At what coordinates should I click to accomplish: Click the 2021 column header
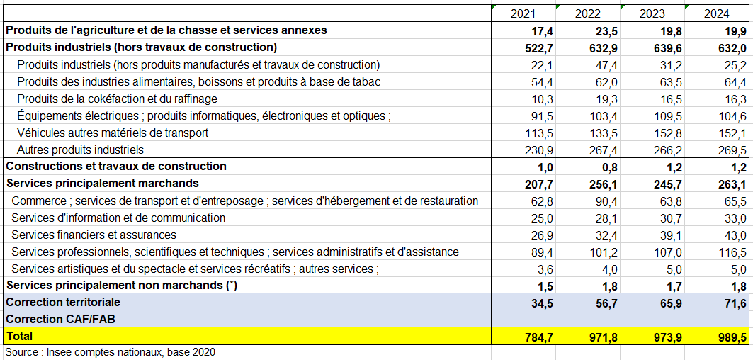(x=523, y=13)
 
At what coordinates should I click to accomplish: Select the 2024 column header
(x=718, y=13)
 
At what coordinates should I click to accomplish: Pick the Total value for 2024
(x=732, y=337)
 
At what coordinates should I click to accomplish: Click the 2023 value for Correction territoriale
(x=669, y=303)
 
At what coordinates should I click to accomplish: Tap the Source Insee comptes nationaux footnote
(x=111, y=352)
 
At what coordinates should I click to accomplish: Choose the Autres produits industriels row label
(x=80, y=150)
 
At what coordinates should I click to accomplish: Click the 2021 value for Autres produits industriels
(x=539, y=150)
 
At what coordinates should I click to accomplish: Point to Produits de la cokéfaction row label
(x=117, y=99)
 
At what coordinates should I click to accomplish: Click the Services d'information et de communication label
(x=118, y=218)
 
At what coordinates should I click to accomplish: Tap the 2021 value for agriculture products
(x=542, y=31)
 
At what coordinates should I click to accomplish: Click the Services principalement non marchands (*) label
(x=122, y=285)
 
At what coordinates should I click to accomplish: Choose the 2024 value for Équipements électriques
(x=732, y=116)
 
